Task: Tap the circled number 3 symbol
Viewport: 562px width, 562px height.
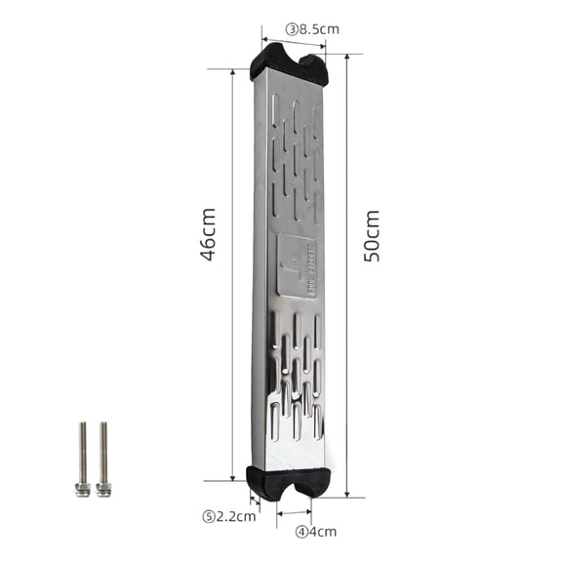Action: pos(292,28)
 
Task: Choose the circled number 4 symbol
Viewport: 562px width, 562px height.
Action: pos(302,532)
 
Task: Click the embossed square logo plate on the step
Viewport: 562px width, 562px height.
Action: pos(296,264)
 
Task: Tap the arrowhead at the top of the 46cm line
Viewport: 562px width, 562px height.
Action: pos(232,73)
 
